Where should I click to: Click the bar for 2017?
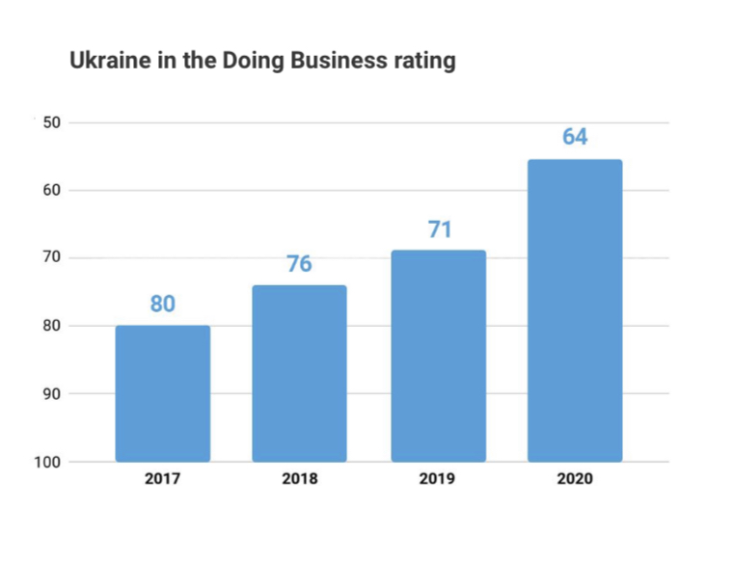163,393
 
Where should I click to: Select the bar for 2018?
299,373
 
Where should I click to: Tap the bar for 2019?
438,356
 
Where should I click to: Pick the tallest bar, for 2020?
575,310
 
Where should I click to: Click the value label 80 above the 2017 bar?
163,305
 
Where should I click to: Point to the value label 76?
300,264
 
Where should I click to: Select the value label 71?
439,230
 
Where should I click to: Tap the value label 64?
575,137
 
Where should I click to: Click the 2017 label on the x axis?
162,479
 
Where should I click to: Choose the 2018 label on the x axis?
300,479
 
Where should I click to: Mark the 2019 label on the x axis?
438,479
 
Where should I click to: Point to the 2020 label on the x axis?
575,479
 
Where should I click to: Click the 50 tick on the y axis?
51,122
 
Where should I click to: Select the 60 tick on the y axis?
51,190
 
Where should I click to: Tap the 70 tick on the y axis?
51,258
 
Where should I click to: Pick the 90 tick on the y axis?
51,394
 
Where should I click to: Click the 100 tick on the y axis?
47,462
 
